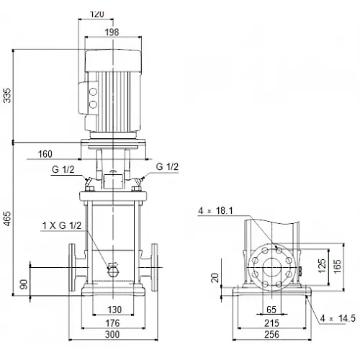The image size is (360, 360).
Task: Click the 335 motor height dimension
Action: click(7, 96)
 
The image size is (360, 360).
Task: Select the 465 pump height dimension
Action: click(7, 219)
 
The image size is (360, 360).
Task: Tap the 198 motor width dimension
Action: click(112, 32)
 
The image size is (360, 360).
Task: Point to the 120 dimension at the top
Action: click(97, 14)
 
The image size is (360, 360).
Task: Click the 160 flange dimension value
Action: click(45, 154)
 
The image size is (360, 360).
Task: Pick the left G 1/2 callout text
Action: click(63, 169)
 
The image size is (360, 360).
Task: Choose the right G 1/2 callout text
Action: click(167, 166)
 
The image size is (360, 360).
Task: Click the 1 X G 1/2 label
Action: click(62, 225)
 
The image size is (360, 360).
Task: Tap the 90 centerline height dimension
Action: click(24, 284)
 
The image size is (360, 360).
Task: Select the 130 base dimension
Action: click(114, 310)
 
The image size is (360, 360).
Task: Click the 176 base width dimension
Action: click(113, 323)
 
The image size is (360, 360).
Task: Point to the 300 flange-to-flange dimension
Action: click(112, 334)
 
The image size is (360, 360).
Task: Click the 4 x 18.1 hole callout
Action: click(215, 211)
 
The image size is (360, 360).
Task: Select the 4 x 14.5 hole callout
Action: click(338, 318)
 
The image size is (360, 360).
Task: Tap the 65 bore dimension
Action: click(271, 310)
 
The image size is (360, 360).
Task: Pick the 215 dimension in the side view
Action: click(271, 323)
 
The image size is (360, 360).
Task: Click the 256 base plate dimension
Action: click(271, 334)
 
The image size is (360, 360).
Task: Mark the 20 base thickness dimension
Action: click(215, 278)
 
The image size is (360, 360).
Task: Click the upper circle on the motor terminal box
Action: click(93, 92)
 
